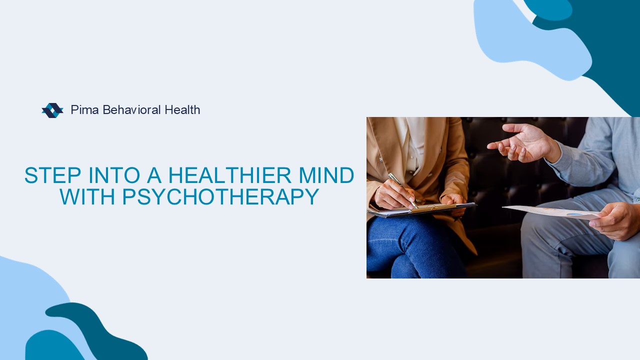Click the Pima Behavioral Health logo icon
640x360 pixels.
52,110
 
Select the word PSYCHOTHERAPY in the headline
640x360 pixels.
220,196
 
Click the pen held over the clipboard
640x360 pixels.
402,190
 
